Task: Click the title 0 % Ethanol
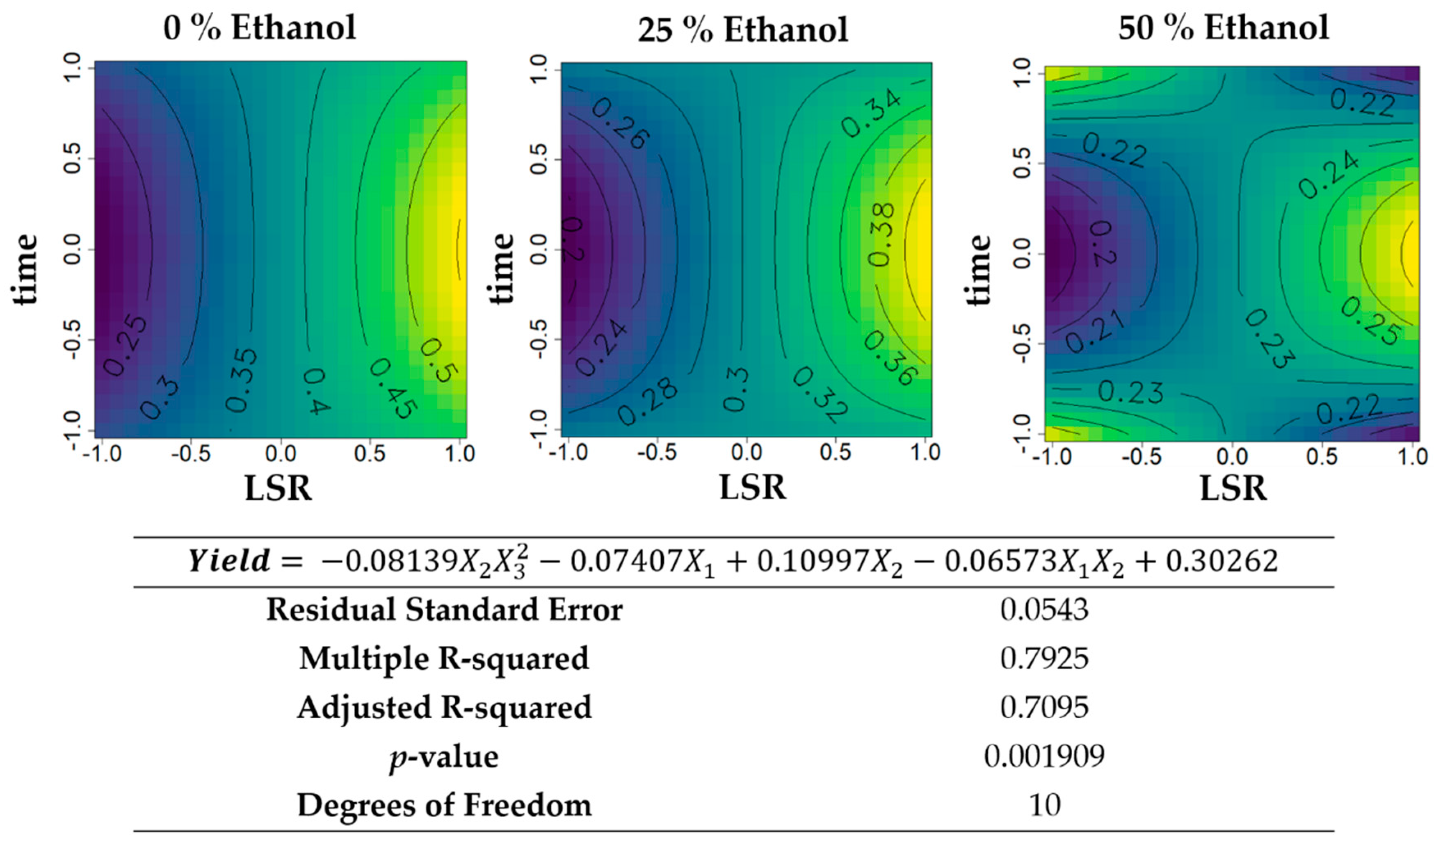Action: (260, 27)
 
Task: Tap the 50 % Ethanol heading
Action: (1223, 27)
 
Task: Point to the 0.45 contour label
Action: (393, 388)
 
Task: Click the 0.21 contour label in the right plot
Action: (1095, 333)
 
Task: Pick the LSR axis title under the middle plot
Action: (752, 488)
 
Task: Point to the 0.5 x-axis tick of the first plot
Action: (370, 454)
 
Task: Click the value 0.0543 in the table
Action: (1044, 610)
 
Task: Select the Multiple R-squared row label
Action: (444, 659)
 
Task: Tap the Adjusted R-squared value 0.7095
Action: (1044, 708)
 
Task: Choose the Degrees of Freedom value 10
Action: (1044, 805)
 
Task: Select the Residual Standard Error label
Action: (444, 610)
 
